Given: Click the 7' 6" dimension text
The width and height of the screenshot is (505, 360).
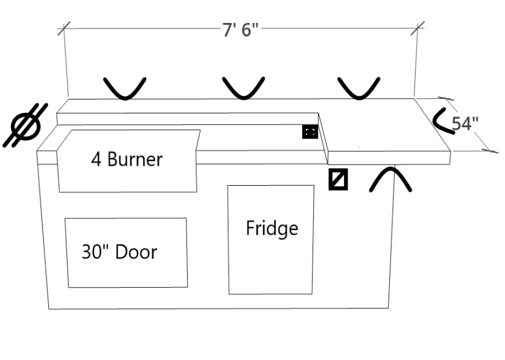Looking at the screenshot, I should point(240,30).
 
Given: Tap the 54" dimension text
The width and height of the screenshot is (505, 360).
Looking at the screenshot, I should point(465,123).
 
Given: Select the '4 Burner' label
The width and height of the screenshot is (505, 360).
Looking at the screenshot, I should point(127,160).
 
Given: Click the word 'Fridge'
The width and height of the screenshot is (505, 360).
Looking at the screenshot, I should point(272,229).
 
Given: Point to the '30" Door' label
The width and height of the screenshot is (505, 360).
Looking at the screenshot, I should point(119,251).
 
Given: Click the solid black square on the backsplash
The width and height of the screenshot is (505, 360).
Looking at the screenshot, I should point(310,131).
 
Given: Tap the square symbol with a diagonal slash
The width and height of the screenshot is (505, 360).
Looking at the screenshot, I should point(338,180).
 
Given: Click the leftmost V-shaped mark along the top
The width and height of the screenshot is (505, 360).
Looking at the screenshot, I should point(125,87).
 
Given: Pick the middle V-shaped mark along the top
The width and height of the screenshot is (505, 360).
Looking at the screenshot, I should point(243,87).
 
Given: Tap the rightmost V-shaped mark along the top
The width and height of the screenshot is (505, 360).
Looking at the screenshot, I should point(359,87).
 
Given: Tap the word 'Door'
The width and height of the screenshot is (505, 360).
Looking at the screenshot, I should point(136,251).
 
